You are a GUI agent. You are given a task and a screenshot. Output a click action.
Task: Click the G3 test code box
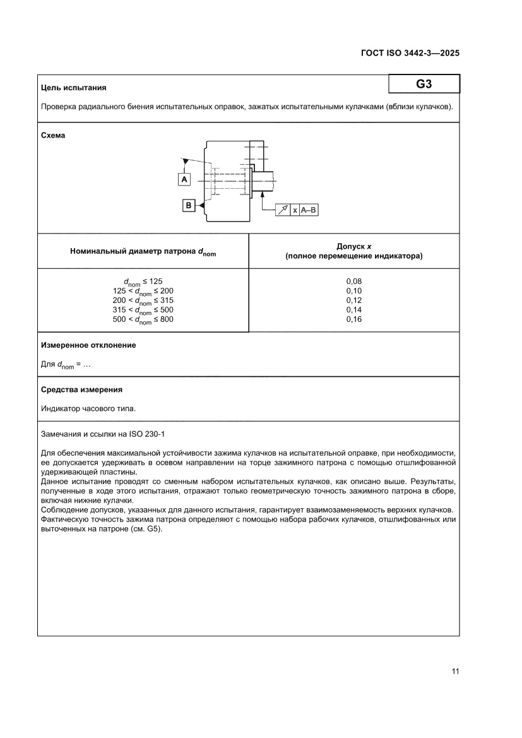[424, 84]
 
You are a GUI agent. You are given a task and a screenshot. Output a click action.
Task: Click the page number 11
[454, 671]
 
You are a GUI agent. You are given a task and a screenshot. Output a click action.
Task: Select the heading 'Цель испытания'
[73, 88]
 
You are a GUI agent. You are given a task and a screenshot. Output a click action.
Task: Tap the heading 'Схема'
[53, 135]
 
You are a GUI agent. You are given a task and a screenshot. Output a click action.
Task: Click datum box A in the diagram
[184, 180]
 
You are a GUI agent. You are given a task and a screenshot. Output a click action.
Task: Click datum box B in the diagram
[189, 205]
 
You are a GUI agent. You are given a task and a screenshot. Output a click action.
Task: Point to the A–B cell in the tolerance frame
[309, 210]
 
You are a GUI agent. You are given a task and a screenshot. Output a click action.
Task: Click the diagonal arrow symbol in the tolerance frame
[283, 210]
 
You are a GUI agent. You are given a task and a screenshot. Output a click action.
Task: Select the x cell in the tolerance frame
[295, 210]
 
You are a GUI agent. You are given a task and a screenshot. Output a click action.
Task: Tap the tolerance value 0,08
[353, 281]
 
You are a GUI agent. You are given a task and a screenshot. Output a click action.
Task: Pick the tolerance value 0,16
[353, 319]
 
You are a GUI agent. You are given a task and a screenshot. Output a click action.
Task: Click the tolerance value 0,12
[353, 301]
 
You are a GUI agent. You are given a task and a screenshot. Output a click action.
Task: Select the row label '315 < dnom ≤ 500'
[143, 310]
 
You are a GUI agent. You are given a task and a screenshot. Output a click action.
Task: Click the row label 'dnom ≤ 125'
[143, 282]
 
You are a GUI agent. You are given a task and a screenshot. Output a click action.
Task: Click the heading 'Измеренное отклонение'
[88, 345]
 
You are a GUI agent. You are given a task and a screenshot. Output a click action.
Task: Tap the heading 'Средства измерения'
[81, 390]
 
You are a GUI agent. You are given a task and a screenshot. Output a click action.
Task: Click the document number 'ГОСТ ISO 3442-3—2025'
[406, 53]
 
